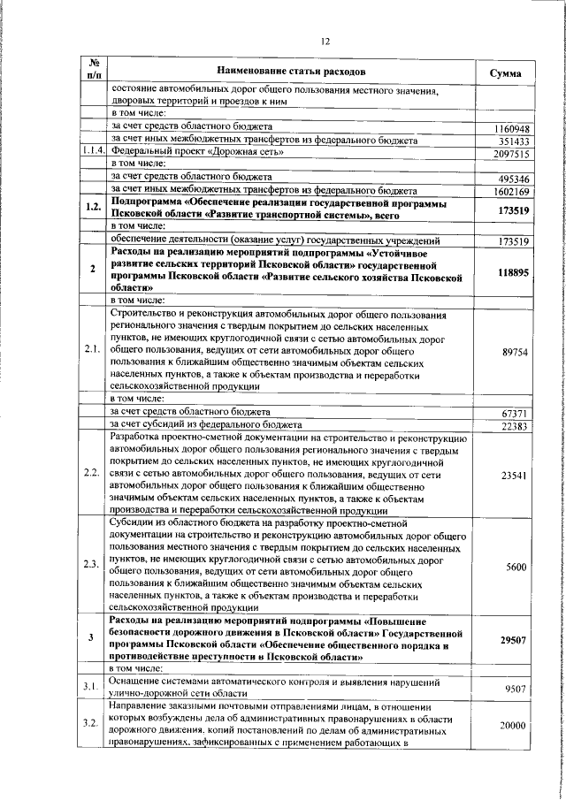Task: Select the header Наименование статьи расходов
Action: click(x=289, y=71)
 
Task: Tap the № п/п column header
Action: click(x=93, y=71)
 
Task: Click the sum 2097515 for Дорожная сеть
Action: click(x=512, y=154)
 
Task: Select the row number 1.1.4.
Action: click(x=93, y=153)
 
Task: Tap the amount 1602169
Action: click(x=512, y=191)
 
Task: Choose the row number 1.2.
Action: click(x=93, y=210)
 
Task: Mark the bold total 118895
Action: click(x=513, y=273)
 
